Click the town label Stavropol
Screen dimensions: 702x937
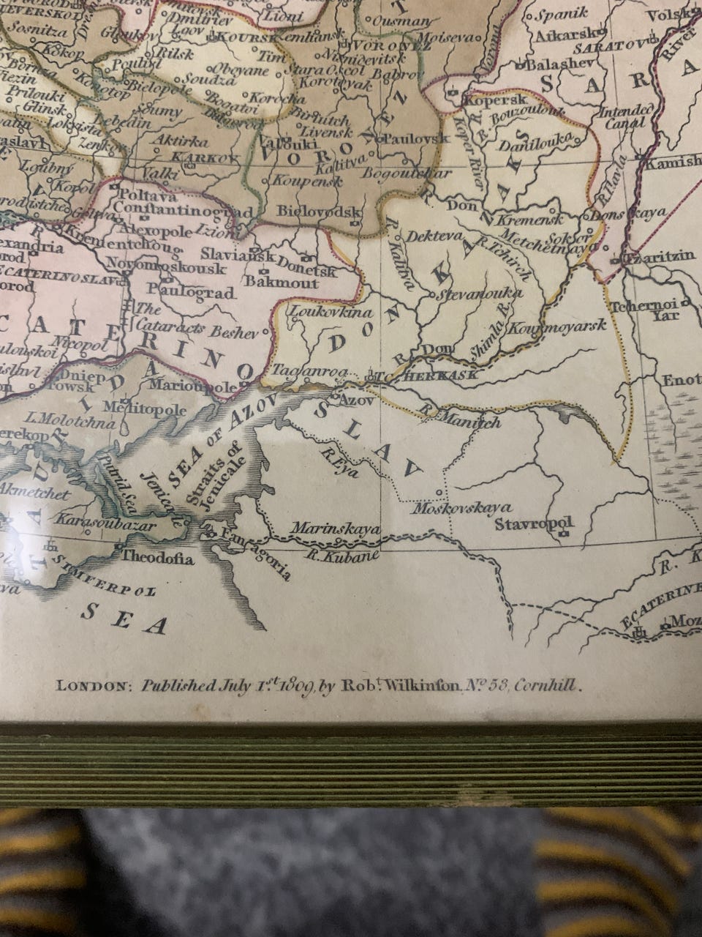pyautogui.click(x=533, y=524)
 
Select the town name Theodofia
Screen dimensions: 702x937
pyautogui.click(x=157, y=559)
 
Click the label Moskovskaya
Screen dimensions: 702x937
pyautogui.click(x=461, y=507)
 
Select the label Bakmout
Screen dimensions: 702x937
pyautogui.click(x=282, y=283)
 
